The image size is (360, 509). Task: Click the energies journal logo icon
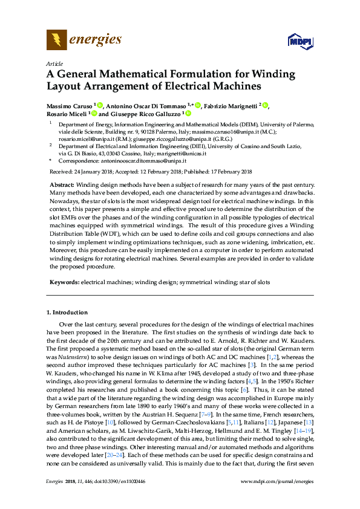click(x=57, y=41)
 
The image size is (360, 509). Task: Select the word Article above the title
click(x=54, y=63)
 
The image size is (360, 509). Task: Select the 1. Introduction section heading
click(x=67, y=313)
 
